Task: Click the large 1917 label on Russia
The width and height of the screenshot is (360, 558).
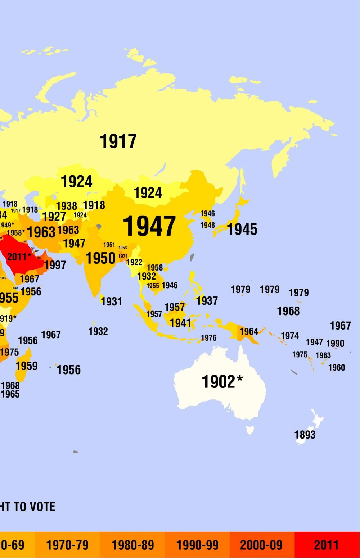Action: pyautogui.click(x=118, y=141)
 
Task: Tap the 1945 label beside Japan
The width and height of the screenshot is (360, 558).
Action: pyautogui.click(x=242, y=229)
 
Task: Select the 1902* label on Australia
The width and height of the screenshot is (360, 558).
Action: pyautogui.click(x=222, y=382)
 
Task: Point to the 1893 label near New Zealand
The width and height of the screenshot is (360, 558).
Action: pyautogui.click(x=305, y=435)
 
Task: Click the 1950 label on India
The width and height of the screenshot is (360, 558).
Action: pyautogui.click(x=100, y=258)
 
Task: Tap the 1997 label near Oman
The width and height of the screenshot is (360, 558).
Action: pyautogui.click(x=55, y=265)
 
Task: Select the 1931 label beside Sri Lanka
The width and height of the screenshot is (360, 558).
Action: pyautogui.click(x=111, y=301)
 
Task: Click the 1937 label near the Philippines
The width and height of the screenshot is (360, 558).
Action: pyautogui.click(x=207, y=300)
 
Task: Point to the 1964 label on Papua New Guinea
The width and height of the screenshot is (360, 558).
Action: pyautogui.click(x=249, y=331)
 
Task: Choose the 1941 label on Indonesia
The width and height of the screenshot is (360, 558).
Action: pyautogui.click(x=180, y=323)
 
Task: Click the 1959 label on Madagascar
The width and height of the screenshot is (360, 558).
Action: pyautogui.click(x=27, y=366)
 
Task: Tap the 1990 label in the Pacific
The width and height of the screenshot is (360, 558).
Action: pyautogui.click(x=335, y=343)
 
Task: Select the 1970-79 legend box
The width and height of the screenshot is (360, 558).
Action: pyautogui.click(x=67, y=545)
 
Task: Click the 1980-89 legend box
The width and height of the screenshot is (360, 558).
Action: pyautogui.click(x=132, y=545)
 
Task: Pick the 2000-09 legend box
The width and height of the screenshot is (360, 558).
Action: pyautogui.click(x=261, y=545)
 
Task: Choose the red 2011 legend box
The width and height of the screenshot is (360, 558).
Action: pyautogui.click(x=327, y=545)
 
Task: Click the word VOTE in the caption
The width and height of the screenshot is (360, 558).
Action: pyautogui.click(x=42, y=507)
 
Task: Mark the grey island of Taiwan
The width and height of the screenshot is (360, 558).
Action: pyautogui.click(x=192, y=257)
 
